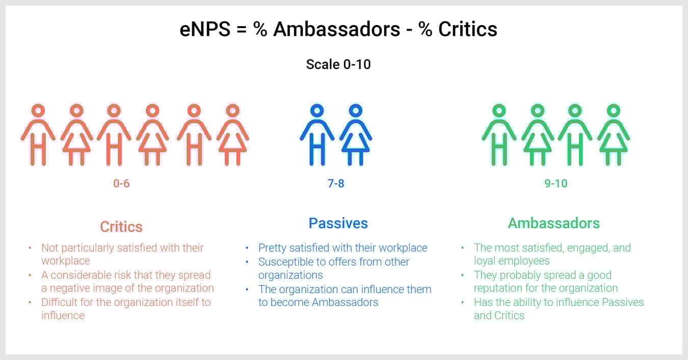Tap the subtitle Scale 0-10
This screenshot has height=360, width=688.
(x=338, y=65)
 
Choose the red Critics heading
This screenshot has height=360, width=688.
(x=121, y=226)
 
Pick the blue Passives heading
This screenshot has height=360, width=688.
(x=338, y=223)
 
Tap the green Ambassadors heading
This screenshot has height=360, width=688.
(x=554, y=223)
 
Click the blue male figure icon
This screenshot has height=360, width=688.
(x=317, y=135)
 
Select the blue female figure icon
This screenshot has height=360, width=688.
(x=356, y=135)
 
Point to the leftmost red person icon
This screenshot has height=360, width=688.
(x=38, y=135)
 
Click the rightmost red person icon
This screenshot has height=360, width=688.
(x=232, y=135)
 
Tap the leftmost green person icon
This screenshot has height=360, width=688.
(x=499, y=135)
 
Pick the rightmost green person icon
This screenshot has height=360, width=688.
(x=614, y=135)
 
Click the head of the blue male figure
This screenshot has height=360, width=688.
(x=317, y=111)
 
